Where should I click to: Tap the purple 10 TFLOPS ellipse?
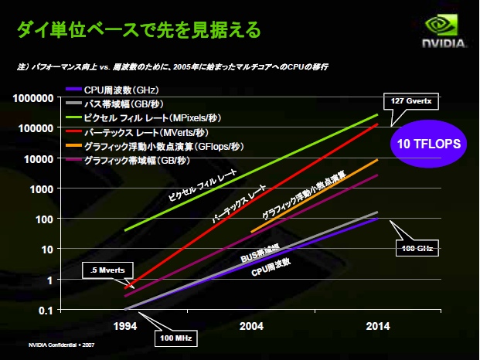tap(430, 144)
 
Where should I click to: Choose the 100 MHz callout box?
tap(176, 338)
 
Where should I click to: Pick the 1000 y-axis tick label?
tap(40, 188)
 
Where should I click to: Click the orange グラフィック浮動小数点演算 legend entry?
tap(155, 147)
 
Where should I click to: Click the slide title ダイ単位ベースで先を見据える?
tap(139, 30)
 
